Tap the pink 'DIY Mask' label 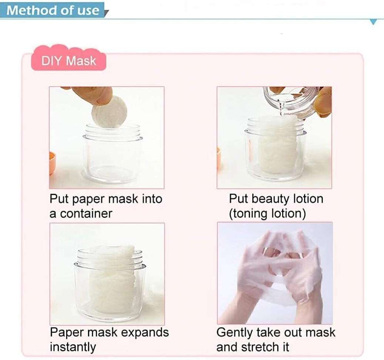[68, 61]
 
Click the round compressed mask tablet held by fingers [109, 112]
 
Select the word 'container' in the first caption [86, 214]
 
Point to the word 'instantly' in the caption [73, 347]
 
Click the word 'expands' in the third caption [145, 332]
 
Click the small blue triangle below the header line [374, 22]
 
